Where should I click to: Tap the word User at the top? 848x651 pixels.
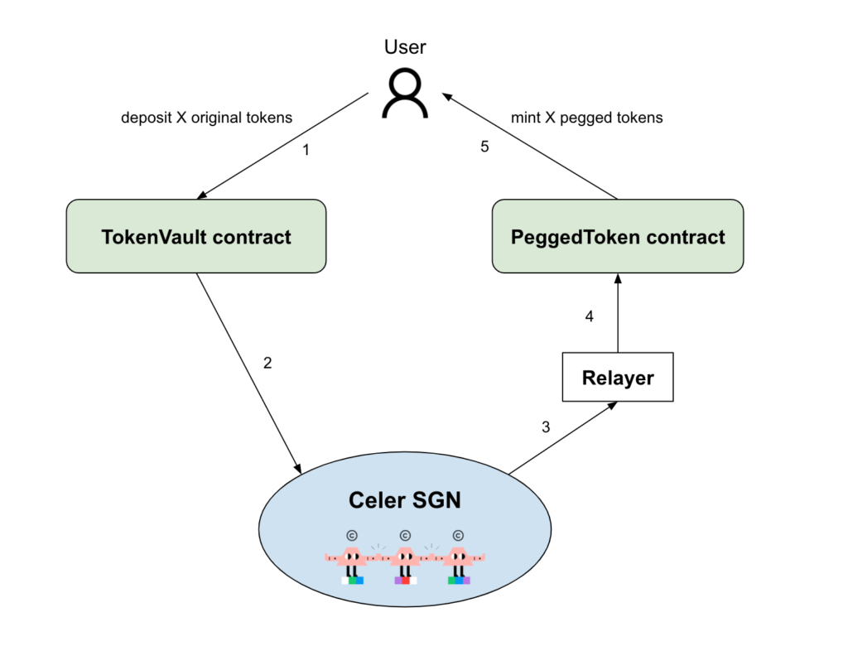405,47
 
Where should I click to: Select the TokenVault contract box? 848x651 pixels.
196,237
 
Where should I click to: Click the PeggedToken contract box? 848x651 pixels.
618,237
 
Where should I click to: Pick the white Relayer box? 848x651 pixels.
618,378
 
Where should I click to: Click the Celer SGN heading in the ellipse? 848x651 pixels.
405,500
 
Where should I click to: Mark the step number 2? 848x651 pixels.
267,363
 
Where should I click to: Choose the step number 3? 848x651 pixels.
545,427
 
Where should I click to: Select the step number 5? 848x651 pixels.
485,147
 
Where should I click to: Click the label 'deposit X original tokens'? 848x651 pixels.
206,118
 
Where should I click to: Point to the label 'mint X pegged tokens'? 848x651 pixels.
586,118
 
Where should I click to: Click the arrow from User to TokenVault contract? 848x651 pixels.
282,146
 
